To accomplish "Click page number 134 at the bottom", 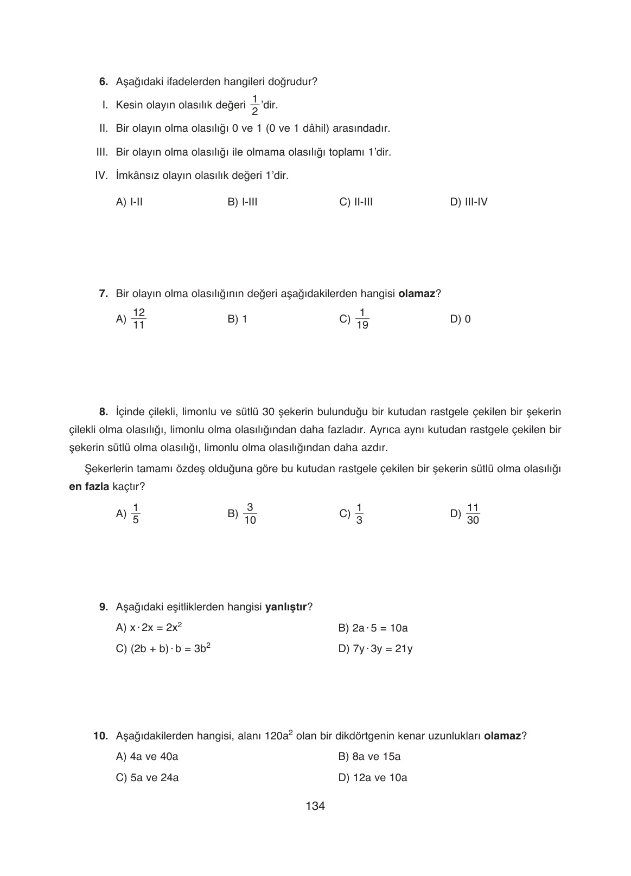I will pos(315,806).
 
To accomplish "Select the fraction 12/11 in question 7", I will pos(139,319).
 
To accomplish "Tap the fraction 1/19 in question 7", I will pos(362,319).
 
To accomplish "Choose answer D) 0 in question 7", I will pos(460,319).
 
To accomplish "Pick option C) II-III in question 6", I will pos(356,202).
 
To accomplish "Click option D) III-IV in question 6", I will pos(469,202).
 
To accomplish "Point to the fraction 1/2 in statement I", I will pos(254,105).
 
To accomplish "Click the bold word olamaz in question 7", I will pos(417,294).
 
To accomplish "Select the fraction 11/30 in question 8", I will pos(473,514).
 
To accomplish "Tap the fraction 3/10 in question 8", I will pos(250,514).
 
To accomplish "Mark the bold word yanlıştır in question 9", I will pos(285,607).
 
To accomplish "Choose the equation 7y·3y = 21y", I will pos(375,649).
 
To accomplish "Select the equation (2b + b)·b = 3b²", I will pos(163,648).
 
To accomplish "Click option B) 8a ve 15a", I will pos(369,757).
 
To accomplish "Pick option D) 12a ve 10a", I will pos(373,778).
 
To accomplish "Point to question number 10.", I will pos(101,736).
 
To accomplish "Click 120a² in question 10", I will pos(279,736).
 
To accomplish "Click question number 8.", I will pos(104,412).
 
